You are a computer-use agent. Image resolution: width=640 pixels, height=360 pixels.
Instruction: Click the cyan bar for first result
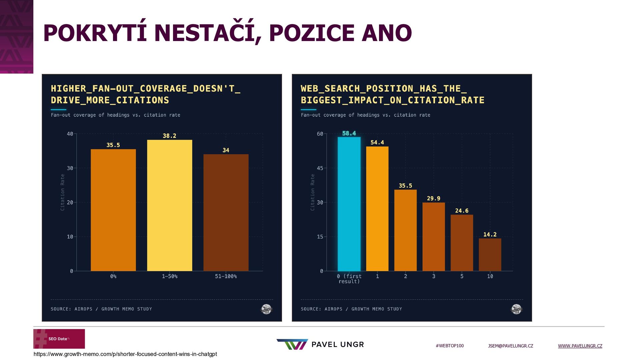pos(349,204)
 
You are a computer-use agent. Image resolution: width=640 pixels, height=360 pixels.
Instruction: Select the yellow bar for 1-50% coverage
pos(169,205)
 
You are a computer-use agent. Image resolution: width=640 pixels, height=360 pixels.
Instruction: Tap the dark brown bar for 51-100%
pos(226,213)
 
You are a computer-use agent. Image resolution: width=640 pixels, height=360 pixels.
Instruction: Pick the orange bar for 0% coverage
pos(113,210)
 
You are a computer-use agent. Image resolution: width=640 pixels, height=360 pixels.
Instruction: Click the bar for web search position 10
pos(490,255)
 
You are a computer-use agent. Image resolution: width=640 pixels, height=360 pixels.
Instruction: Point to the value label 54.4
pos(377,142)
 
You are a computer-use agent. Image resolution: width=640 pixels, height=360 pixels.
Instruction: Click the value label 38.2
pos(169,136)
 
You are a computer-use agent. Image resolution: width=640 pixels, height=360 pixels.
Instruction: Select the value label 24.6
pos(462,211)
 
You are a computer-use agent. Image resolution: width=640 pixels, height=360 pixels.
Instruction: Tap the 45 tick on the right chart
pos(320,168)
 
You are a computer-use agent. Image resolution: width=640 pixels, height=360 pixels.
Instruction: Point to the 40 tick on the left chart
pos(70,134)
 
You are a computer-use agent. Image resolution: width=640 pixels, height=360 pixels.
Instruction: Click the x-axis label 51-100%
pos(226,276)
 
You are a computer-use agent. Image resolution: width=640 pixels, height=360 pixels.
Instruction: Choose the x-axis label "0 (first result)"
pos(349,279)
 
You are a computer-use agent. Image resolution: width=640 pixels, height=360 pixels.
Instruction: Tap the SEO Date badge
pos(59,339)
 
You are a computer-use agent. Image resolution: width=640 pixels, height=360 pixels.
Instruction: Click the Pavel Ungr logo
pos(320,344)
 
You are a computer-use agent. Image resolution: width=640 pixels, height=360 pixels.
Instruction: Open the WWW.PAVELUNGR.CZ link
pos(580,346)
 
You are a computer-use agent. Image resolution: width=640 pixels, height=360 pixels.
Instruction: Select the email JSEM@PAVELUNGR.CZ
pos(510,346)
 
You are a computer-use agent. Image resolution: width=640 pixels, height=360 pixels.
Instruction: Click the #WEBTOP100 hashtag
pos(449,346)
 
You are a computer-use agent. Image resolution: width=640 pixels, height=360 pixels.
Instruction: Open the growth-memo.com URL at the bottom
pos(125,354)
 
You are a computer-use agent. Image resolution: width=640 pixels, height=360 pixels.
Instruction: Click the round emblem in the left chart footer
pos(266,309)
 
